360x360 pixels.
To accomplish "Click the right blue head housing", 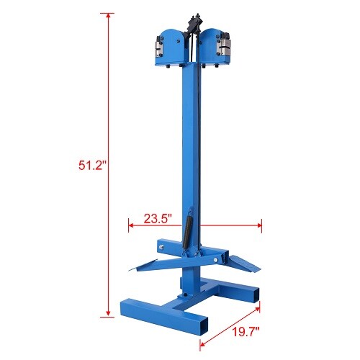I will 215,45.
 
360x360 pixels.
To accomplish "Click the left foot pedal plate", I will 151,264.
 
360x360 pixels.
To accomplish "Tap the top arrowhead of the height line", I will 109,15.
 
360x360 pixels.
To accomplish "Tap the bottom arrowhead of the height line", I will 109,315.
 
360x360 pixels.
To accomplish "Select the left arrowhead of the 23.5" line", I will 130,226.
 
